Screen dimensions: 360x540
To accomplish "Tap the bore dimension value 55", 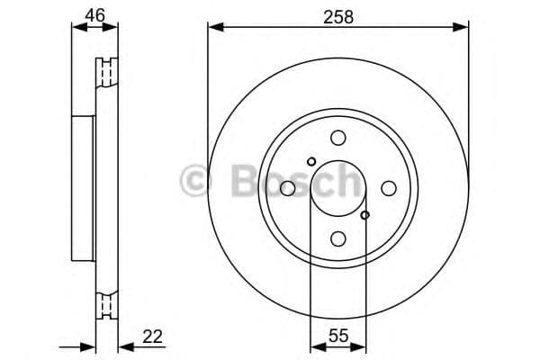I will (x=337, y=337).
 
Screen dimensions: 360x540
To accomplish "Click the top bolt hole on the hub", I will (x=337, y=138).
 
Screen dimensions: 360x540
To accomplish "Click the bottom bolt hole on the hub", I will (x=337, y=238).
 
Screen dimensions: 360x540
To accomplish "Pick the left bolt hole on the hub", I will (x=287, y=188).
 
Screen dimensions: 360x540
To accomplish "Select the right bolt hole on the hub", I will (x=388, y=188).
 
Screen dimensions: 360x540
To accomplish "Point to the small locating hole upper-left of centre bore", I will (x=311, y=162).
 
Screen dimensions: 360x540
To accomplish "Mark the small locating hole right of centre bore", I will (x=364, y=215).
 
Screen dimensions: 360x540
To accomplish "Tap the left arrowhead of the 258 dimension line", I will (x=213, y=28).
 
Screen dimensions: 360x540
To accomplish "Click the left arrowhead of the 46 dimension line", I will (x=76, y=28).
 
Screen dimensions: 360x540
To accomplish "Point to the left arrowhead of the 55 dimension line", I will (x=315, y=346).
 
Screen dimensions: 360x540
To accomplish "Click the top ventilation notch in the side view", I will (x=108, y=71).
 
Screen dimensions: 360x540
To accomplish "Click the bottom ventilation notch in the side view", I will (x=108, y=306).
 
